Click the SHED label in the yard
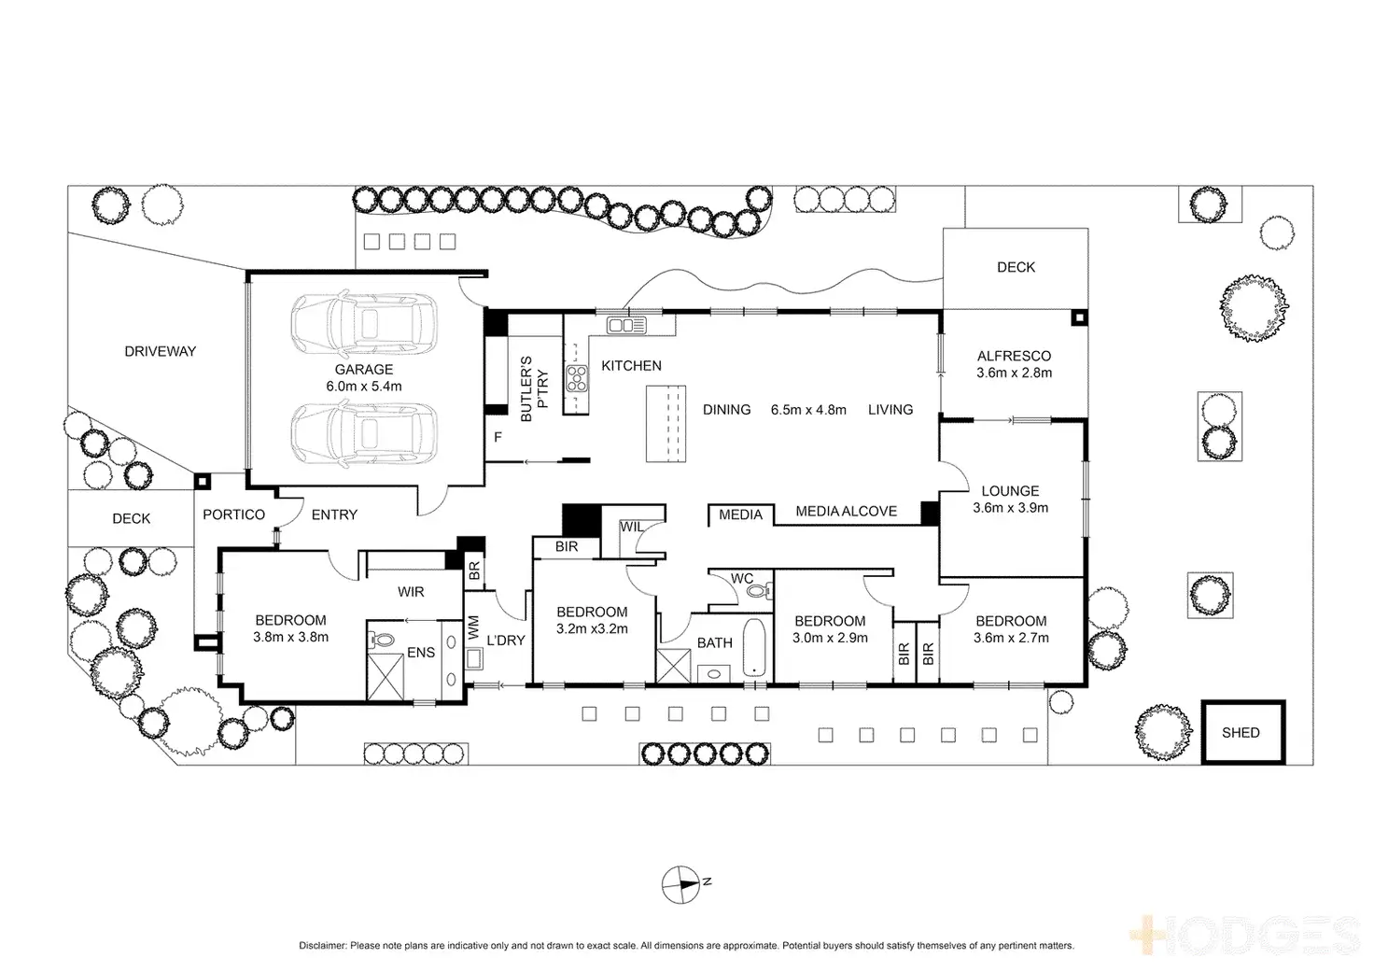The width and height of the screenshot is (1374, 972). [x=1241, y=733]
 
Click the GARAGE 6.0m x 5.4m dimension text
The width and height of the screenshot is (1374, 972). [x=364, y=386]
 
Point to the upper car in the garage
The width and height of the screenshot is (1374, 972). [x=364, y=323]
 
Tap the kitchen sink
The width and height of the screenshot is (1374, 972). [x=626, y=325]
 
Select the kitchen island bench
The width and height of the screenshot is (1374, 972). [x=666, y=423]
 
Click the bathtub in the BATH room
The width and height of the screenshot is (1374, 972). [x=754, y=646]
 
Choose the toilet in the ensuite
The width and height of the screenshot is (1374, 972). [x=383, y=641]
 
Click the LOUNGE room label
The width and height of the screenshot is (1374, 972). [x=1011, y=491]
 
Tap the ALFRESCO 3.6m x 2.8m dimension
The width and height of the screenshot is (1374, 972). [x=1014, y=373]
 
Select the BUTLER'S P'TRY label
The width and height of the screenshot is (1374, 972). [x=533, y=388]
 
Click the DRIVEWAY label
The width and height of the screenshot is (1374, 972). [x=161, y=352]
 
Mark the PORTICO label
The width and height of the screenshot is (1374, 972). [x=234, y=514]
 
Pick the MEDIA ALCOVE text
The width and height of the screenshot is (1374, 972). [x=846, y=512]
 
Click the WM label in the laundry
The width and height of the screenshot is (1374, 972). [x=473, y=627]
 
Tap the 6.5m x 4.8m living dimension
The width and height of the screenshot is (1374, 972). [x=808, y=410]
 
